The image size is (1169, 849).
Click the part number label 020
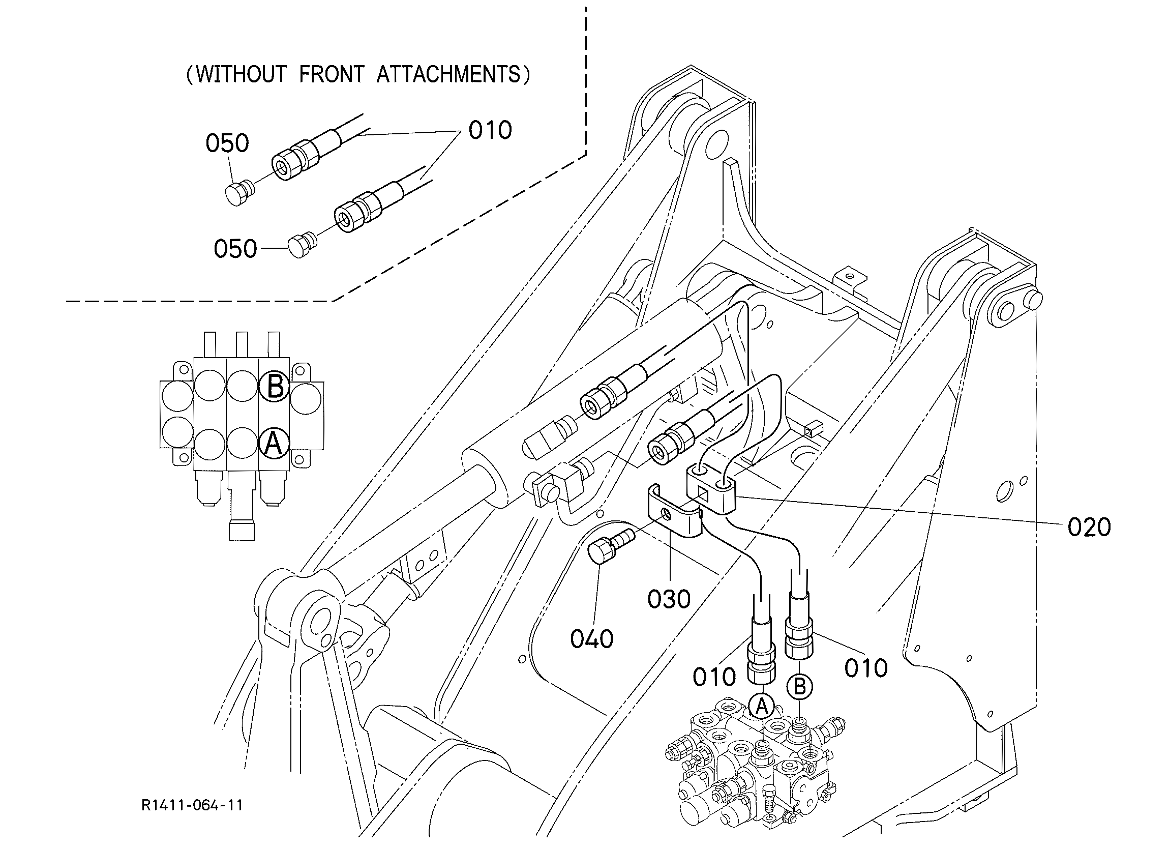1089,527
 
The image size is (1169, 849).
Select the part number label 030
669,599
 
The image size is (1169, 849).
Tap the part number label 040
592,639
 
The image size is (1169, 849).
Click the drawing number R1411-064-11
192,805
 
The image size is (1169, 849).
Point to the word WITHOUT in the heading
241,75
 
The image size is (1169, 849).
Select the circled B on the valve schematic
274,386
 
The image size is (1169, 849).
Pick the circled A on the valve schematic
274,443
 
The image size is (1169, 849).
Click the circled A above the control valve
762,707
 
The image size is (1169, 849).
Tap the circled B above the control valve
799,687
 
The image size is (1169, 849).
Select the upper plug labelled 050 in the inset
239,192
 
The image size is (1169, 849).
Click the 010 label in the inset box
490,131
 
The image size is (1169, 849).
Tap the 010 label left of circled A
714,677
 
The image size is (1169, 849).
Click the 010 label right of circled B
866,668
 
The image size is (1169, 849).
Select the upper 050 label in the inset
227,143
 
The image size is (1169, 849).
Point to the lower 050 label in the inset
235,249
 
